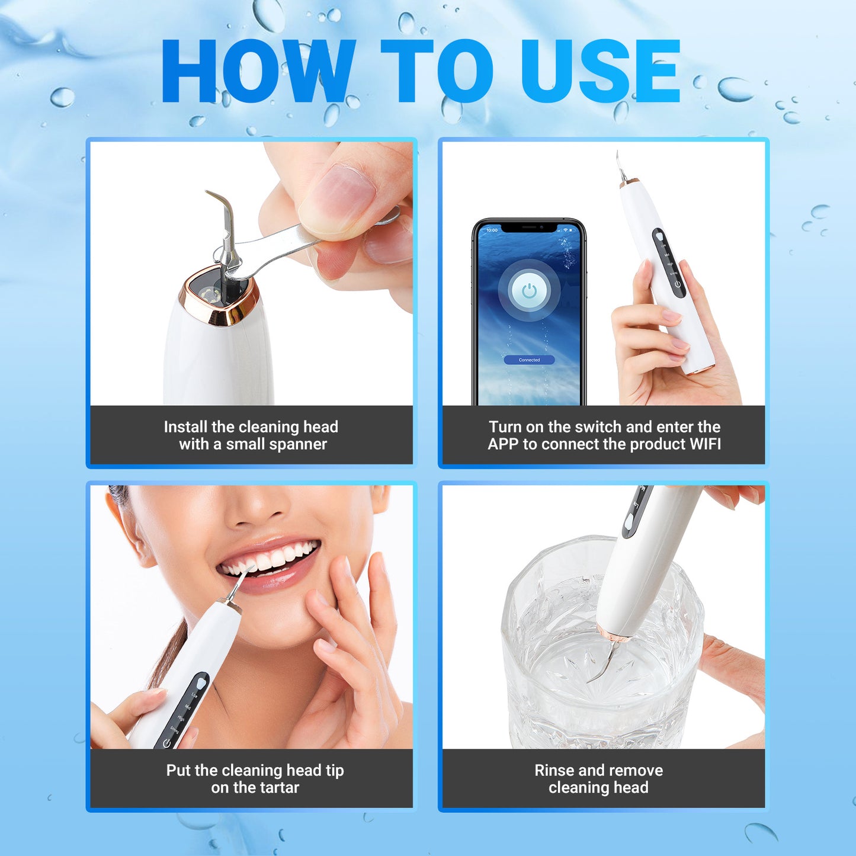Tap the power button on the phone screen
[529, 291]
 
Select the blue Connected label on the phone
[529, 360]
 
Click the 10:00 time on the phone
[492, 230]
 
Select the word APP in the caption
[503, 444]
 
